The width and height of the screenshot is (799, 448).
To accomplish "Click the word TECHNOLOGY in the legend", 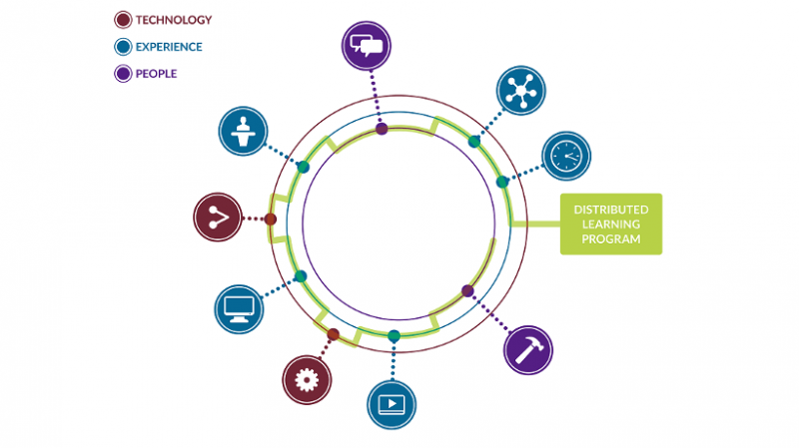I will [x=174, y=19].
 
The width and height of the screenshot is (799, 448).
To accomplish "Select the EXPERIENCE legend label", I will [x=170, y=46].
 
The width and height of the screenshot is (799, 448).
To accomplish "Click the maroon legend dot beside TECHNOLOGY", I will [x=123, y=19].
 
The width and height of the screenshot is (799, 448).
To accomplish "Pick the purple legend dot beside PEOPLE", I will [x=123, y=72].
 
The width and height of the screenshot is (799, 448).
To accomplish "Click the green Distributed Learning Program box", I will [x=610, y=224].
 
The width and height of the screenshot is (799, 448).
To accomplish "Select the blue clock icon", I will [x=566, y=156].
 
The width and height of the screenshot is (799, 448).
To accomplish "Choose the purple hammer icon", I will [x=527, y=349].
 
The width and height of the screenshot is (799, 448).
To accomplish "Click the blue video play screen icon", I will [x=392, y=404].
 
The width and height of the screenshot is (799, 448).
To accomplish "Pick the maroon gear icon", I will [x=307, y=379].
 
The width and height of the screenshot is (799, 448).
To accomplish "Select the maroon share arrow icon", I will [x=219, y=217].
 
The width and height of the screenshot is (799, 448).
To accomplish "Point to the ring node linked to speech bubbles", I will [x=382, y=129].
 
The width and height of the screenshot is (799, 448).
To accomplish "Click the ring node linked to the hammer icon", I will [x=467, y=290].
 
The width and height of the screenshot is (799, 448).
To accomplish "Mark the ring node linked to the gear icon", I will [x=334, y=334].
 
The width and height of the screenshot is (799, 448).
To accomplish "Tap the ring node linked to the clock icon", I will [x=502, y=182].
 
